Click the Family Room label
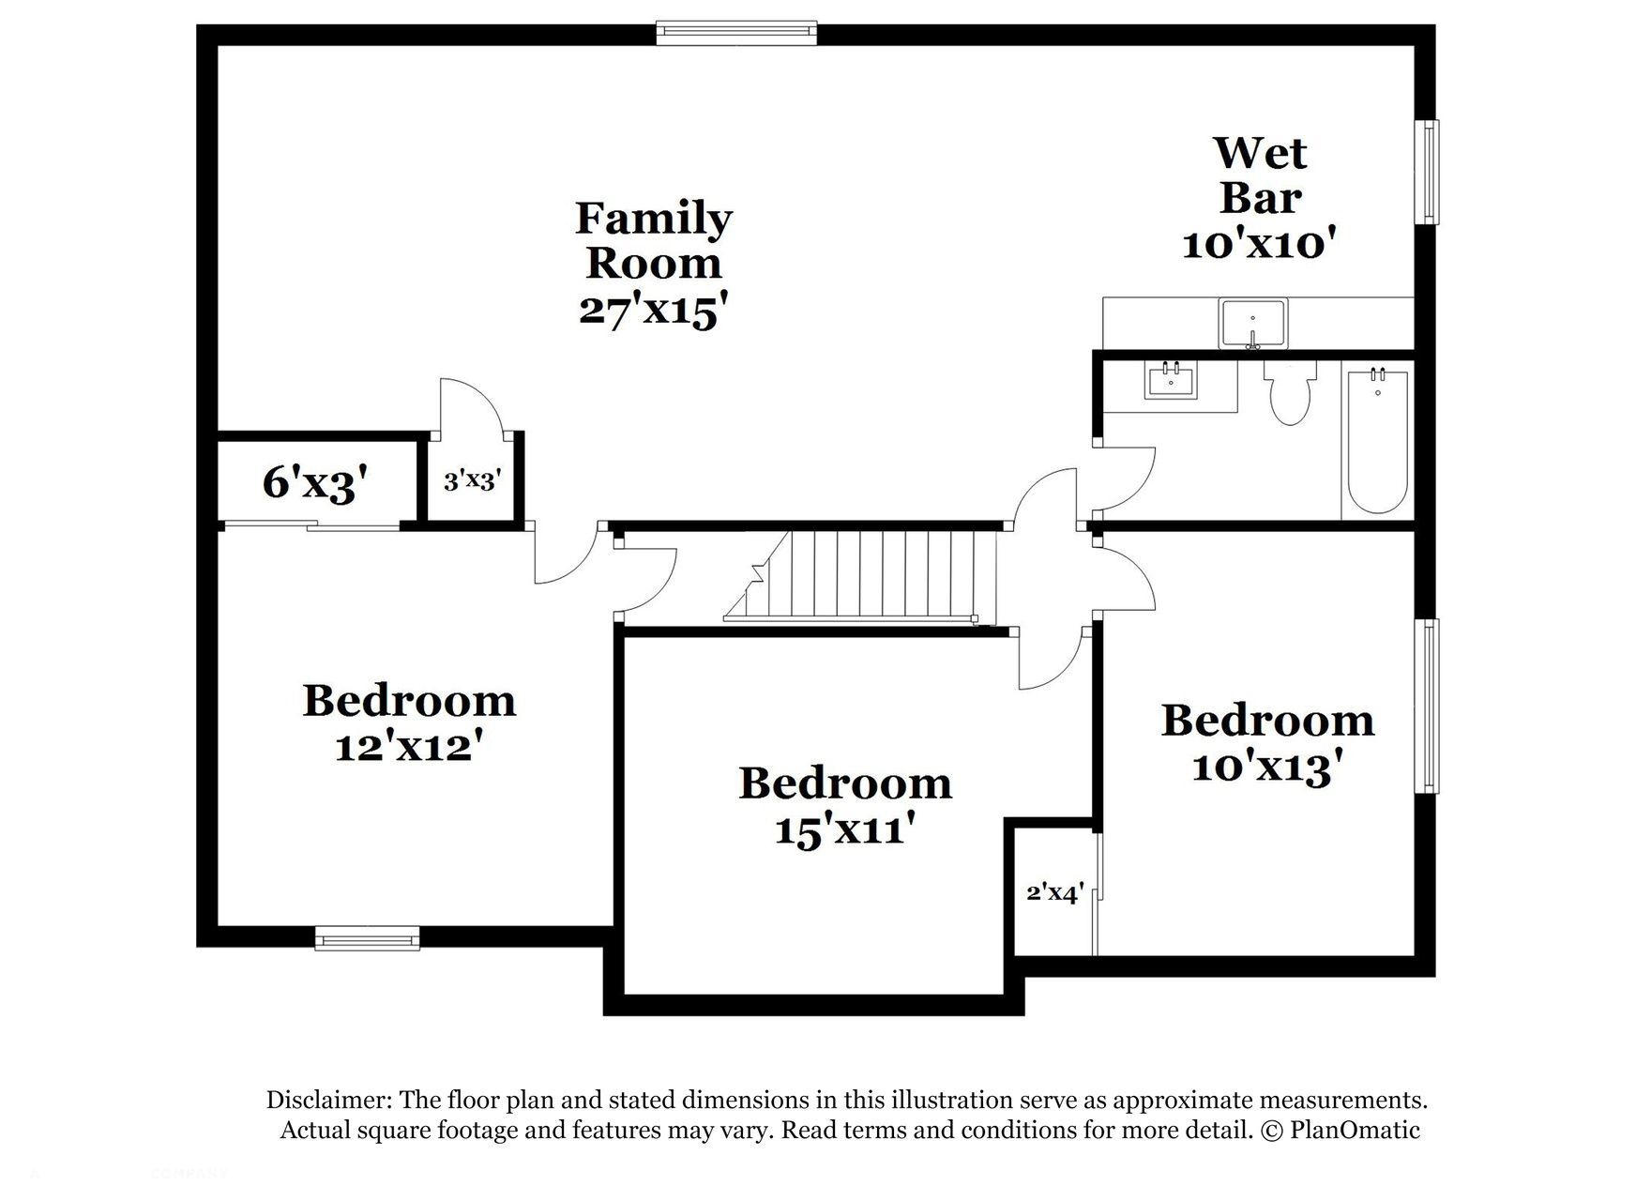point(654,240)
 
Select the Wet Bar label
point(1260,175)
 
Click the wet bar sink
point(1253,324)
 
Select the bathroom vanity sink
point(1171,382)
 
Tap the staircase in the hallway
point(859,576)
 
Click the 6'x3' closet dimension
point(314,483)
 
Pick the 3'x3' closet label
point(472,481)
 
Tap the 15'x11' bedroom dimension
point(845,829)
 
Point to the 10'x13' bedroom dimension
point(1262,768)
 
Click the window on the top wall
point(736,34)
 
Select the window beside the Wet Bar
point(1426,172)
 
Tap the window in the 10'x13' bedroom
point(1426,707)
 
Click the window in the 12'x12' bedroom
point(367,937)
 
